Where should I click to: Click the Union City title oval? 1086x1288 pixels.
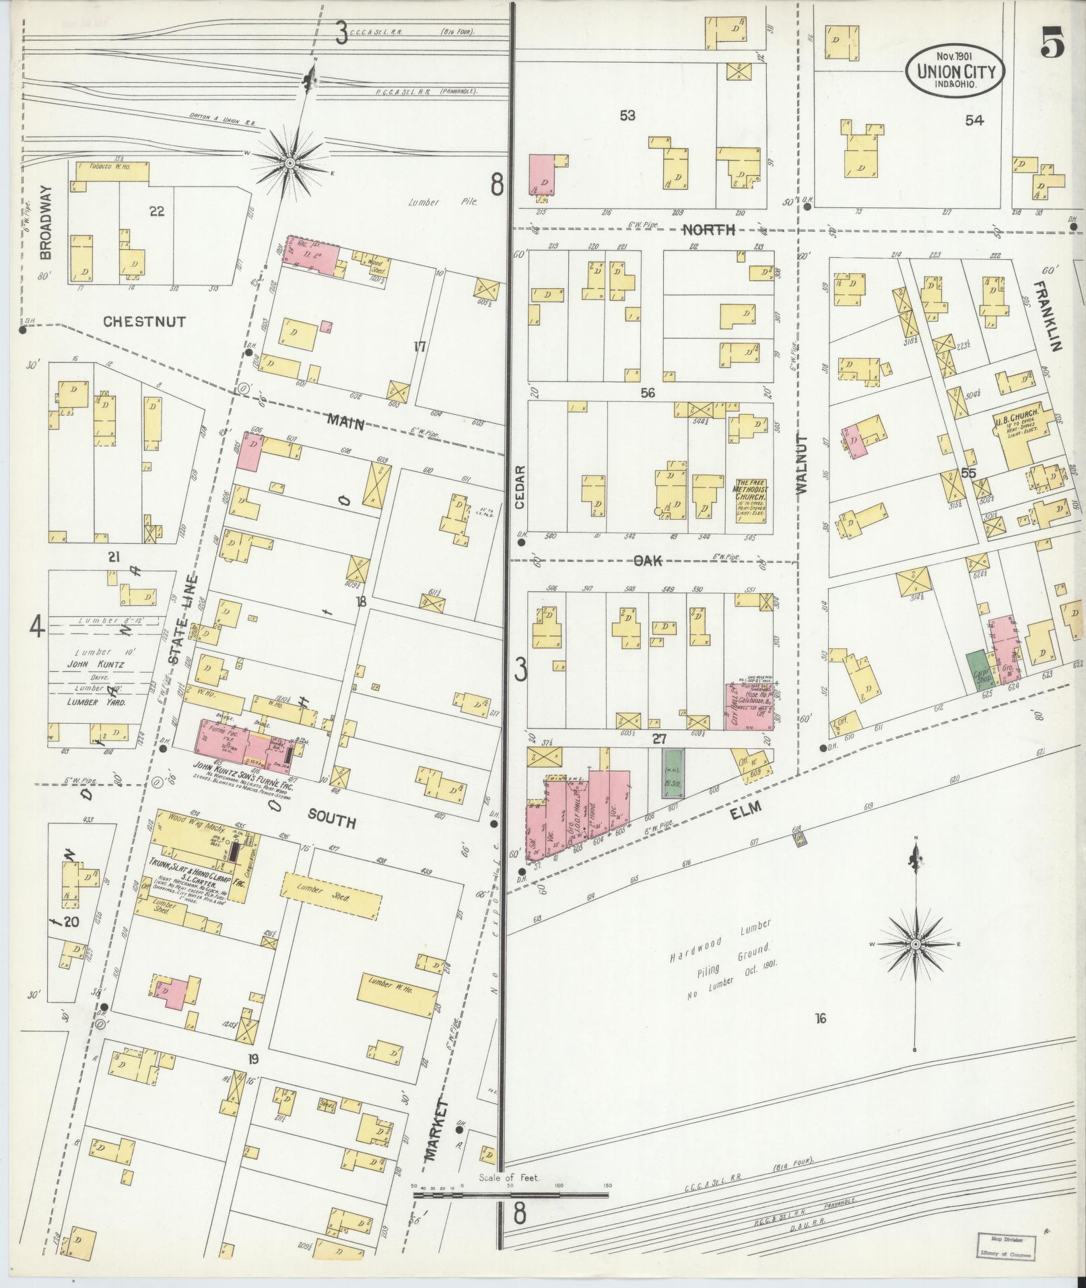click(955, 68)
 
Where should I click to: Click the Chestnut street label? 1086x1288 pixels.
click(144, 322)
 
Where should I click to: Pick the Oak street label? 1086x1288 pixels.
click(648, 560)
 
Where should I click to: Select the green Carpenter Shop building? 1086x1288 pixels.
click(976, 671)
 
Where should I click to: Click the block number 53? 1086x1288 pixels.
click(627, 116)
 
